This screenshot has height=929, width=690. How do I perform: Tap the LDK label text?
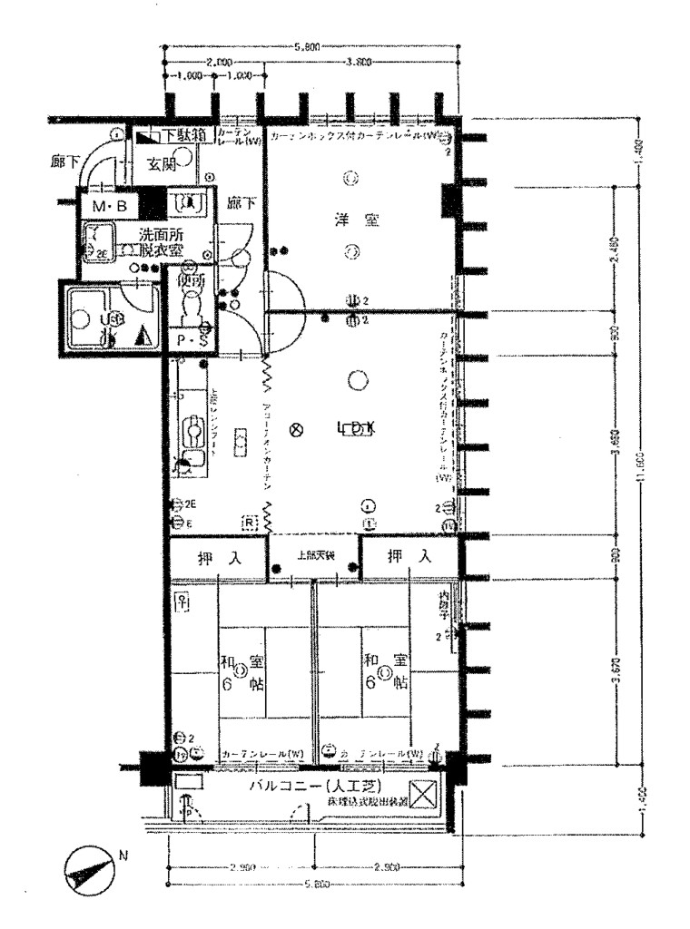[355, 430]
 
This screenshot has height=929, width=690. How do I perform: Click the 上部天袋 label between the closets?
[314, 556]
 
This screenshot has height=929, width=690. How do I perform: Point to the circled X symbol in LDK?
[293, 430]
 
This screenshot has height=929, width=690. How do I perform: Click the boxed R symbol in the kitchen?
[248, 523]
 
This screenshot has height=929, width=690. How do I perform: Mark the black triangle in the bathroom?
[141, 337]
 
